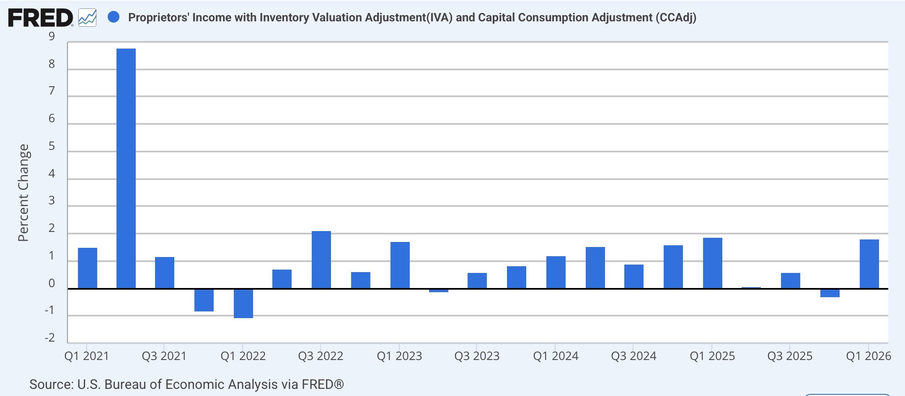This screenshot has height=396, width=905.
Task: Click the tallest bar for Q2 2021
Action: (126, 168)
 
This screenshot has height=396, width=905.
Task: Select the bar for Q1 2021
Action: (88, 268)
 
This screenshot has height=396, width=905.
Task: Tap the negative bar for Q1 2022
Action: (243, 303)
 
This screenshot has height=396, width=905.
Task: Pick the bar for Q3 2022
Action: (321, 260)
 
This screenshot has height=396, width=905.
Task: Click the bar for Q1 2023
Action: (400, 265)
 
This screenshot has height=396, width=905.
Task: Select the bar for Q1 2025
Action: (713, 263)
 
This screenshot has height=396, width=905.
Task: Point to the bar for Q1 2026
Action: (869, 264)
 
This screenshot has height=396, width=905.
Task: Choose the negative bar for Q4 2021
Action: (204, 300)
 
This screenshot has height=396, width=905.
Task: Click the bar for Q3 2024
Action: (634, 276)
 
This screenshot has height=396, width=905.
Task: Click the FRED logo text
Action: (40, 18)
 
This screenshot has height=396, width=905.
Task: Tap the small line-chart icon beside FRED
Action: (88, 18)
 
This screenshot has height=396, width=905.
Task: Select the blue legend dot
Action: (114, 17)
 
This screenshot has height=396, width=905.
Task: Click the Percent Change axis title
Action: (23, 193)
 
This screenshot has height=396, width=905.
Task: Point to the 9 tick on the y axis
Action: (52, 36)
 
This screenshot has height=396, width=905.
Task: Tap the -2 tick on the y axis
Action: (50, 338)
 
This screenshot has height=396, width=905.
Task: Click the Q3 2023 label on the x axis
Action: (477, 356)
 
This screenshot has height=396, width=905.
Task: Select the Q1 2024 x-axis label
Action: (556, 356)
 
